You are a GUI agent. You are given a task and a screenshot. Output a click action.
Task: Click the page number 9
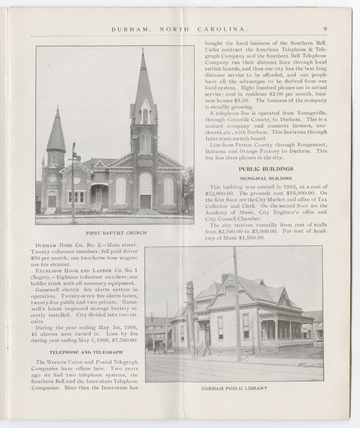click(x=324, y=28)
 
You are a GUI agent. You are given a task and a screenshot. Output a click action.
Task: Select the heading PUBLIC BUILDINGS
click(x=265, y=169)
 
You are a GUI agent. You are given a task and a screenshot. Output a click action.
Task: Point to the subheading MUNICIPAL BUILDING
click(x=265, y=179)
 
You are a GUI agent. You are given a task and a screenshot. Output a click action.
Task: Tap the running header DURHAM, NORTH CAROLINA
click(x=180, y=28)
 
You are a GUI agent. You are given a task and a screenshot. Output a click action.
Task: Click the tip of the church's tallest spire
click(x=143, y=52)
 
